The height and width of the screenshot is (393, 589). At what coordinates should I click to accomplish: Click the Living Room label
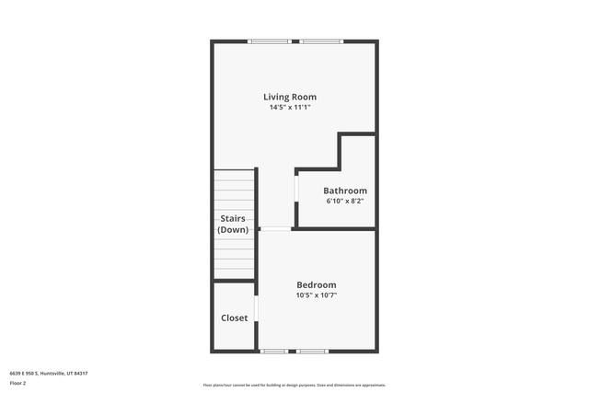coord(290,97)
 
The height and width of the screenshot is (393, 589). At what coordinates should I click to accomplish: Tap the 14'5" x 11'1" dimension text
coord(290,107)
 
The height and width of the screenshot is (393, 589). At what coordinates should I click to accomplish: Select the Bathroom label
coord(345,191)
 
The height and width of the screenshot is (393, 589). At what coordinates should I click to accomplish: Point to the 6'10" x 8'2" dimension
coord(345,201)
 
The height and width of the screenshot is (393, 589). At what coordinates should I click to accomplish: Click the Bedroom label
coord(317,284)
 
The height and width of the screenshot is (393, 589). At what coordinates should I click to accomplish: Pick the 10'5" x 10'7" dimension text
coord(317,295)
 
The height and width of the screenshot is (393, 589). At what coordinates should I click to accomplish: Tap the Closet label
coord(234,318)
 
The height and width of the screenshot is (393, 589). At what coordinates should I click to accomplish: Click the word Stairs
coord(233,218)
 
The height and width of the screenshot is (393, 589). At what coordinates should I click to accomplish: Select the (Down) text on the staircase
coord(233,229)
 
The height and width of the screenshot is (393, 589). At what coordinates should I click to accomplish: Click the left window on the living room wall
coord(270,41)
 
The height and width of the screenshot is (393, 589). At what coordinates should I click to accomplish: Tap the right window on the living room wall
coord(321,41)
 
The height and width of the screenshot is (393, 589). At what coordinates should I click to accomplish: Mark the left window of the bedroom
coord(274,352)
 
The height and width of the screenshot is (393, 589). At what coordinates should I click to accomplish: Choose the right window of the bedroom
coord(312,352)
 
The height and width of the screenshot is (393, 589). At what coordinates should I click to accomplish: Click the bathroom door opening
coord(296,189)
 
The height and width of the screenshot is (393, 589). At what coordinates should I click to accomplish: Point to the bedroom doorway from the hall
coord(276,229)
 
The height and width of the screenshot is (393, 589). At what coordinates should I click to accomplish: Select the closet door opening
coord(257,308)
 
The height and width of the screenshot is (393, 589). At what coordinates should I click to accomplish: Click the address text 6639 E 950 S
coord(24,374)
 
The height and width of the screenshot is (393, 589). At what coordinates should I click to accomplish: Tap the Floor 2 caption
coord(17,383)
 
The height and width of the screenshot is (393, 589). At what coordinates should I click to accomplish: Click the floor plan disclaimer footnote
coord(294,385)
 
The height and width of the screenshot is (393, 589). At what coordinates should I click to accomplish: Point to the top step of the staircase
coord(234,175)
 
